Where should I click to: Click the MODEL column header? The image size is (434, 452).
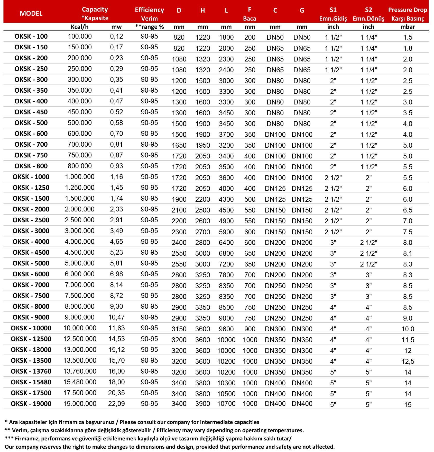[x=31, y=13]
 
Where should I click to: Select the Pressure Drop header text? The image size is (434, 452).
[x=408, y=10]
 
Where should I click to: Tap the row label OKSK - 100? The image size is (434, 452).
[x=31, y=36]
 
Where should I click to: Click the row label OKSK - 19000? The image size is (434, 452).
[x=31, y=404]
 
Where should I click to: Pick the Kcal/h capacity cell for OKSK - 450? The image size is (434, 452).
[x=80, y=112]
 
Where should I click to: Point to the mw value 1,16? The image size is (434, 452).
[x=117, y=177]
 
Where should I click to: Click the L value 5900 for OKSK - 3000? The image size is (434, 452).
[x=226, y=232]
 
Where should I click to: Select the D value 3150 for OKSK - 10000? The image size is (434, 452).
[x=179, y=329]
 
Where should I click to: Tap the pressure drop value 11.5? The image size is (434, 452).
[x=408, y=340]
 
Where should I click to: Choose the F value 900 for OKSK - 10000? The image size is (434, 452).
[x=250, y=329]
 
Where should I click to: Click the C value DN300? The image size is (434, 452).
[x=275, y=329]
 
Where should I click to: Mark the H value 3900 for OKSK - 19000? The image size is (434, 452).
[x=202, y=404]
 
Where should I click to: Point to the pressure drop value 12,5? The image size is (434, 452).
[x=408, y=361]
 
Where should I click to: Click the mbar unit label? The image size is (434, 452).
[x=408, y=27]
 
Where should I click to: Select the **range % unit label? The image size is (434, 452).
[x=150, y=27]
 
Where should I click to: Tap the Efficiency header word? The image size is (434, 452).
[x=149, y=10]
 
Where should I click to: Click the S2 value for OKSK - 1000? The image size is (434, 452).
[x=368, y=178]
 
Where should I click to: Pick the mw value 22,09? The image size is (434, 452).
[x=116, y=404]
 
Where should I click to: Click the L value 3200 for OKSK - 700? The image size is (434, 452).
[x=226, y=145]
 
